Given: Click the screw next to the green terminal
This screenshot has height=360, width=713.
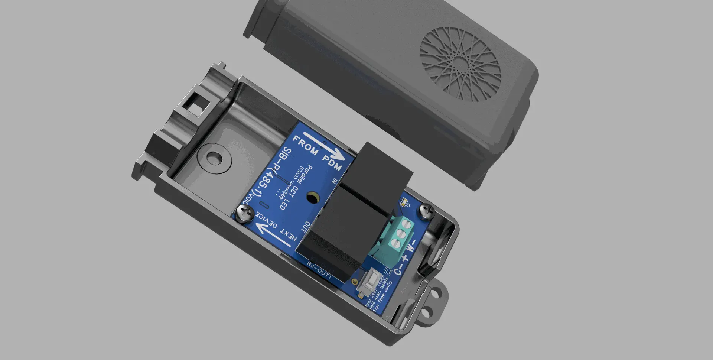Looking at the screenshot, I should point(426,211).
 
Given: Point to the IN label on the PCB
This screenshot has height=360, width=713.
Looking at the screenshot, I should point(335,181).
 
